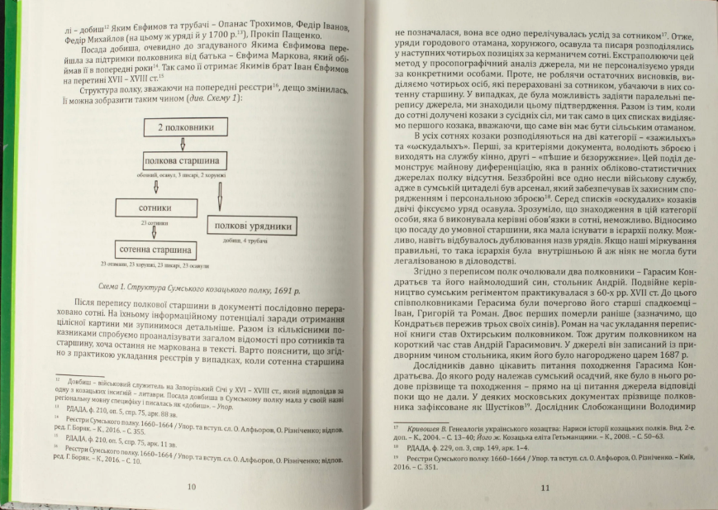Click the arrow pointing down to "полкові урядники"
(x=221, y=197)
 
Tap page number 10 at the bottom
(x=192, y=486)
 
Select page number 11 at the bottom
(x=544, y=487)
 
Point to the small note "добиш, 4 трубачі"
(x=241, y=240)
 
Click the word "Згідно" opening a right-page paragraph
(x=430, y=268)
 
